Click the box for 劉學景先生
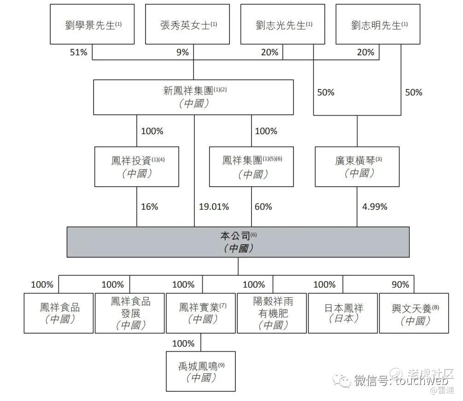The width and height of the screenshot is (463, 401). point(92,24)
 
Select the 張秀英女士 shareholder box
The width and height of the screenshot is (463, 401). point(188,24)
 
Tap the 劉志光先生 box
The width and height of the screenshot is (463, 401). point(283,24)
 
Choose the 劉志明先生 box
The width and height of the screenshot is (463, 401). point(378,24)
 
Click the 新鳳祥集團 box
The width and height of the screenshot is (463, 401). point(193,97)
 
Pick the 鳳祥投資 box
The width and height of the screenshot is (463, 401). point(137,167)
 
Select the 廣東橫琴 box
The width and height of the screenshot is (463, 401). point(358,167)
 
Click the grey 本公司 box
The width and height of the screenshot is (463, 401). point(238,242)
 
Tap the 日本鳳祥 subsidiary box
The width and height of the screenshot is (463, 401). point(343,313)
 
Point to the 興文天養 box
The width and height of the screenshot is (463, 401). point(414,313)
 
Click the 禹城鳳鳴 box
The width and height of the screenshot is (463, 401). point(201,372)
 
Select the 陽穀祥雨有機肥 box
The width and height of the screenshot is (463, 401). point(272,313)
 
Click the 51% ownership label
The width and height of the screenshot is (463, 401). point(78,52)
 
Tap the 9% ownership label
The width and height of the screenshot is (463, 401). point(182,52)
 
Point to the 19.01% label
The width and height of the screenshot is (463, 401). point(214,206)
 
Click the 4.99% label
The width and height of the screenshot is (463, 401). point(375,206)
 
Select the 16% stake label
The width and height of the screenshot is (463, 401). point(149,206)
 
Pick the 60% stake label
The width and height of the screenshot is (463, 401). point(264,206)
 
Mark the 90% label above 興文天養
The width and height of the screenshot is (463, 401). point(400,284)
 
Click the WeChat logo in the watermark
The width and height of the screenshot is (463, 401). point(342,380)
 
